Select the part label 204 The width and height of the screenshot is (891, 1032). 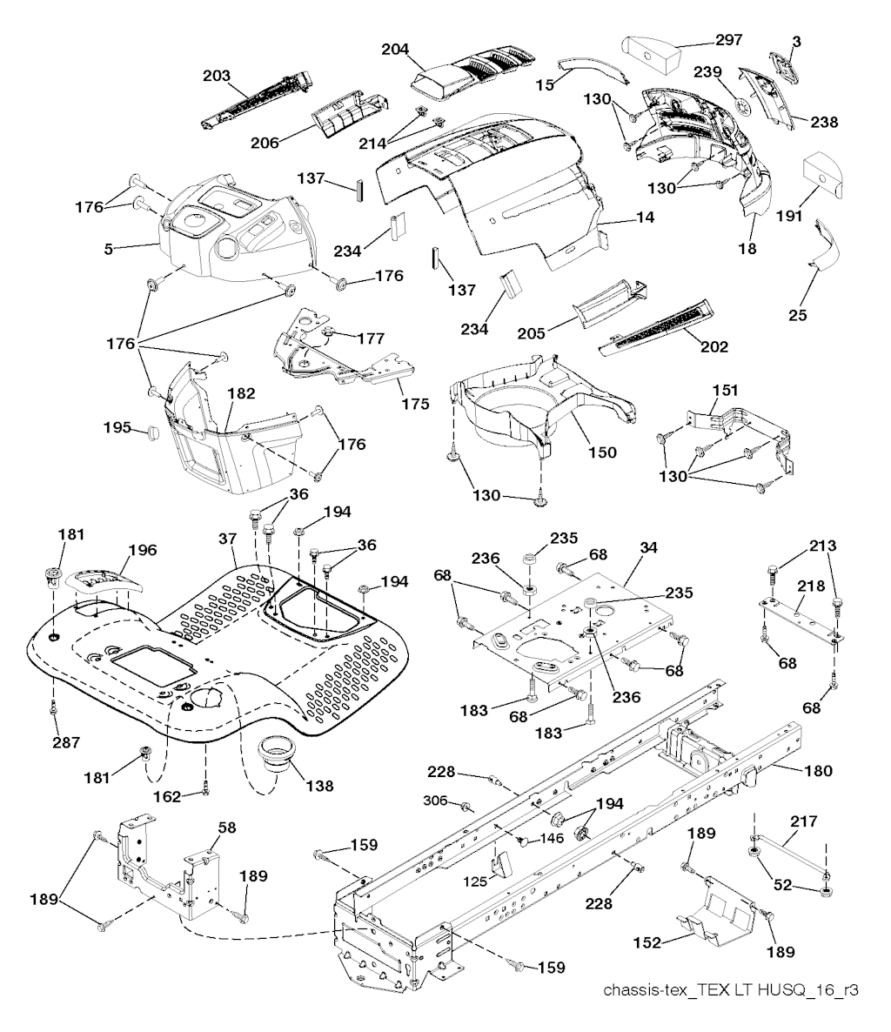point(397,49)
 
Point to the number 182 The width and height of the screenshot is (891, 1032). point(241,393)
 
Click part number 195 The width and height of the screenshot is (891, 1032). point(117,427)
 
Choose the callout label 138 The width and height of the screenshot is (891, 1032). point(319,786)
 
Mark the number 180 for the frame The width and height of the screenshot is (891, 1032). point(819,770)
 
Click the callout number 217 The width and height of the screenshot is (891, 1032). point(805,821)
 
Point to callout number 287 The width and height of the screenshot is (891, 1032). point(66,743)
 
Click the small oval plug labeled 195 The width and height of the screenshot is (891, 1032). point(151,430)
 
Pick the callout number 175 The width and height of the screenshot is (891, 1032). point(416,405)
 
